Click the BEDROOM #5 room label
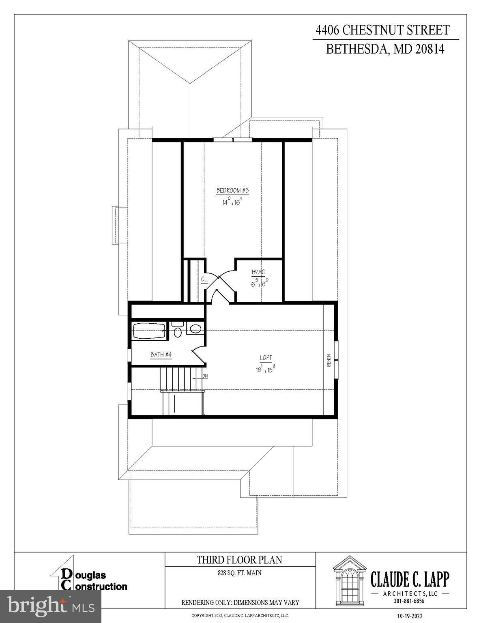(232, 190)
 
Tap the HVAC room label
(258, 272)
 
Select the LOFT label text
(266, 358)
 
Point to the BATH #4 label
(161, 355)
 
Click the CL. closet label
(204, 279)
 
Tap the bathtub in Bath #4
(149, 331)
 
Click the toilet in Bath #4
(178, 330)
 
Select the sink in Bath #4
(195, 329)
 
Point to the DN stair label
(205, 376)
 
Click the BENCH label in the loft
(329, 360)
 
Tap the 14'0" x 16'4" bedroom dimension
(232, 202)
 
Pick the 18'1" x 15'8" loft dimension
(266, 369)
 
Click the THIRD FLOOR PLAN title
(239, 560)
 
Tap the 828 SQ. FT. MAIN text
(239, 573)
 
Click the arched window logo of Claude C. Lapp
(349, 582)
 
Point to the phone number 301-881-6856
(409, 601)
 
